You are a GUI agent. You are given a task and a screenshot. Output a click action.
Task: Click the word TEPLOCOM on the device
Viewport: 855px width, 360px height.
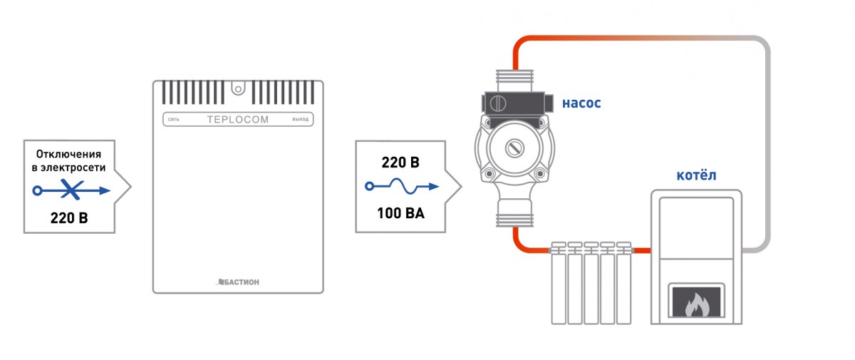click(x=238, y=120)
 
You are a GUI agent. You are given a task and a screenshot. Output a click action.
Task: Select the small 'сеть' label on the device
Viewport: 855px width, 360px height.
click(x=173, y=120)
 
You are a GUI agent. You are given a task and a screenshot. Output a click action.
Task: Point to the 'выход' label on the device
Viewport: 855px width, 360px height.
click(x=301, y=120)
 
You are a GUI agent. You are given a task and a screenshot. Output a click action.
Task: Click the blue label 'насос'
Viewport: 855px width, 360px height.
click(x=581, y=103)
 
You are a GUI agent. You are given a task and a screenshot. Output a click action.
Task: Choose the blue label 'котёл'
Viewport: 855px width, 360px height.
click(x=695, y=175)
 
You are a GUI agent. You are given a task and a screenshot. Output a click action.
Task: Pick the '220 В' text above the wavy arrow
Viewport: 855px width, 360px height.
click(x=400, y=163)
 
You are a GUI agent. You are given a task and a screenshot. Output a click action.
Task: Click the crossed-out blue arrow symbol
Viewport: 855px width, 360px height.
click(x=71, y=190)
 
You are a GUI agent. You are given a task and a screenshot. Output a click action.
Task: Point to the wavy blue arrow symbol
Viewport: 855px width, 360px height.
click(x=401, y=187)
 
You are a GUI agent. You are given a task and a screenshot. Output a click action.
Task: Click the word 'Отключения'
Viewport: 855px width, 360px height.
click(x=69, y=153)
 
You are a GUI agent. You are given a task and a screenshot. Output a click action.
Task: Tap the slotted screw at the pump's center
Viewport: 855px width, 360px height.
click(x=514, y=148)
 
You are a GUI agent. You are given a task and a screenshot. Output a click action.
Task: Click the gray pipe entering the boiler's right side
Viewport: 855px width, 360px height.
click(x=755, y=250)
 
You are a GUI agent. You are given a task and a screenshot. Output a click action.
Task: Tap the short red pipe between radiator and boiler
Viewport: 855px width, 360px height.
click(x=642, y=250)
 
